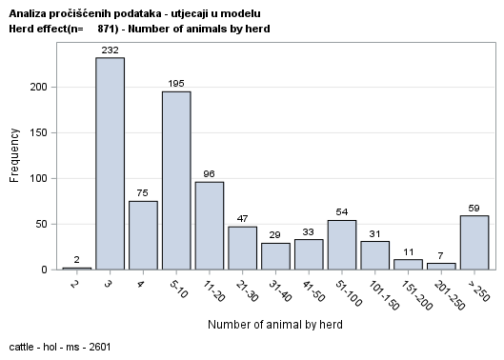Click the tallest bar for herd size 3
(x=110, y=164)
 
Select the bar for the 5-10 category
(x=176, y=181)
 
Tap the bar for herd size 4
(x=143, y=235)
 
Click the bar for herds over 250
(x=474, y=243)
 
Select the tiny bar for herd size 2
(x=77, y=269)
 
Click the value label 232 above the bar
(x=110, y=50)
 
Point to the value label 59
(x=474, y=208)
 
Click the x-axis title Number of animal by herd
(x=276, y=325)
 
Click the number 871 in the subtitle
(x=109, y=29)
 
